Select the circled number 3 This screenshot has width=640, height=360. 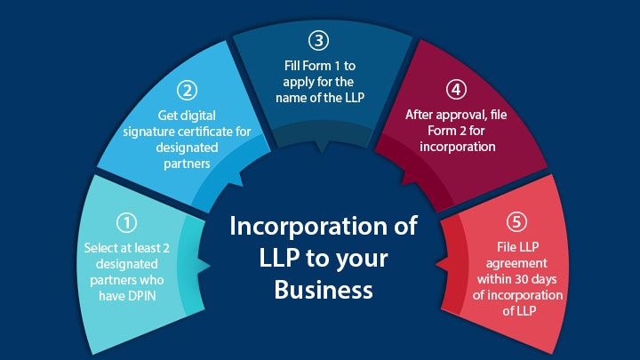point(319,40)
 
